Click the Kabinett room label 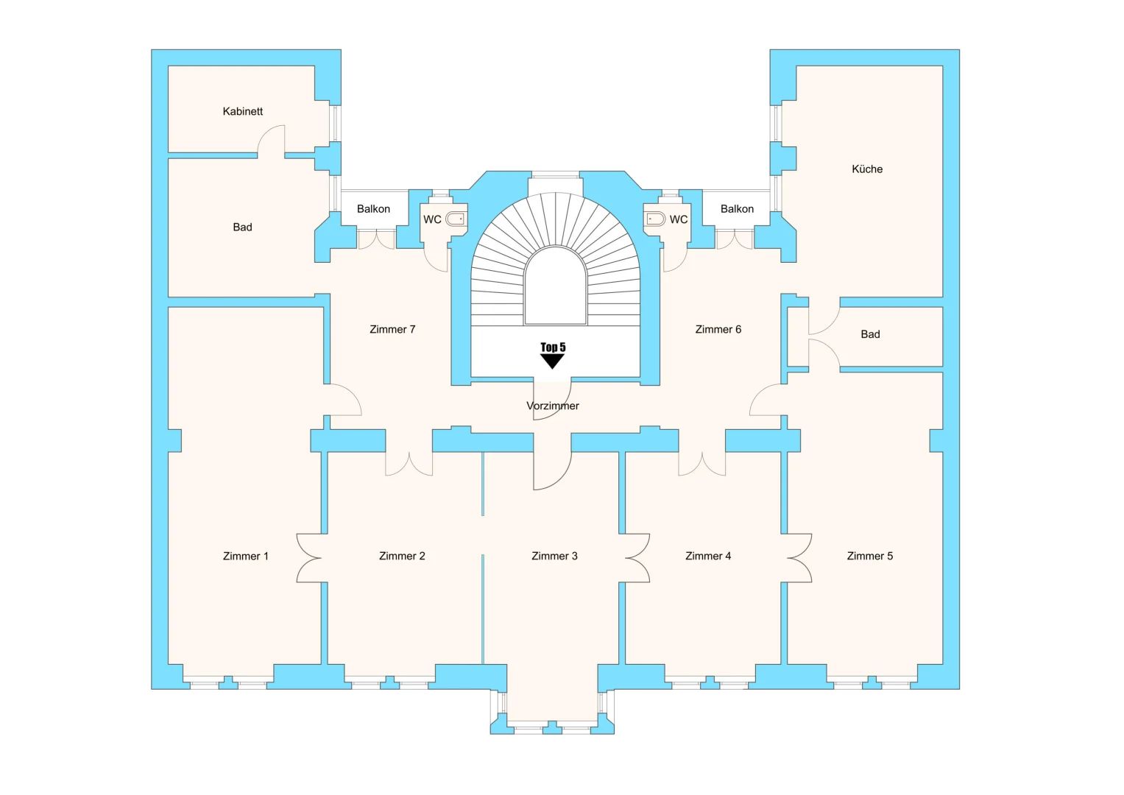[x=243, y=112]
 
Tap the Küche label [x=867, y=169]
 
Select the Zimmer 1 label [x=246, y=556]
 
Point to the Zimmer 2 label [x=402, y=556]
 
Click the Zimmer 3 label [x=554, y=556]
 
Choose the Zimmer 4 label [x=708, y=556]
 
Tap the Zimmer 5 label [x=870, y=556]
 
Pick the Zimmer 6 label [x=718, y=330]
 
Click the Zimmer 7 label [x=392, y=330]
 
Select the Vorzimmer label [x=553, y=406]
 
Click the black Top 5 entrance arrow [x=552, y=361]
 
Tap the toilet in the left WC [x=456, y=219]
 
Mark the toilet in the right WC [x=655, y=219]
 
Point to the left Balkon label [x=373, y=209]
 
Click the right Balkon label [x=737, y=209]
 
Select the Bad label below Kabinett [x=242, y=227]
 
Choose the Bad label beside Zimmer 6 [x=870, y=334]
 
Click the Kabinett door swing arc [x=272, y=140]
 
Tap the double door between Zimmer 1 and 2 [x=310, y=557]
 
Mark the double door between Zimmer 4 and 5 [x=799, y=557]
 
